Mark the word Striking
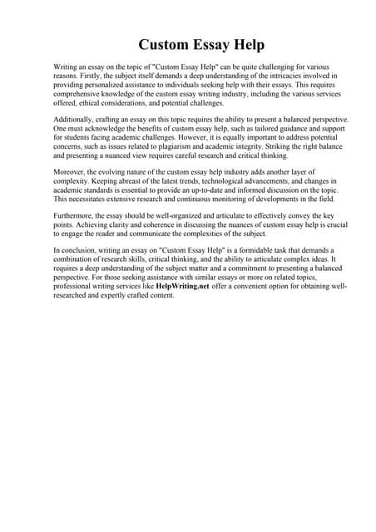click(263, 146)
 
